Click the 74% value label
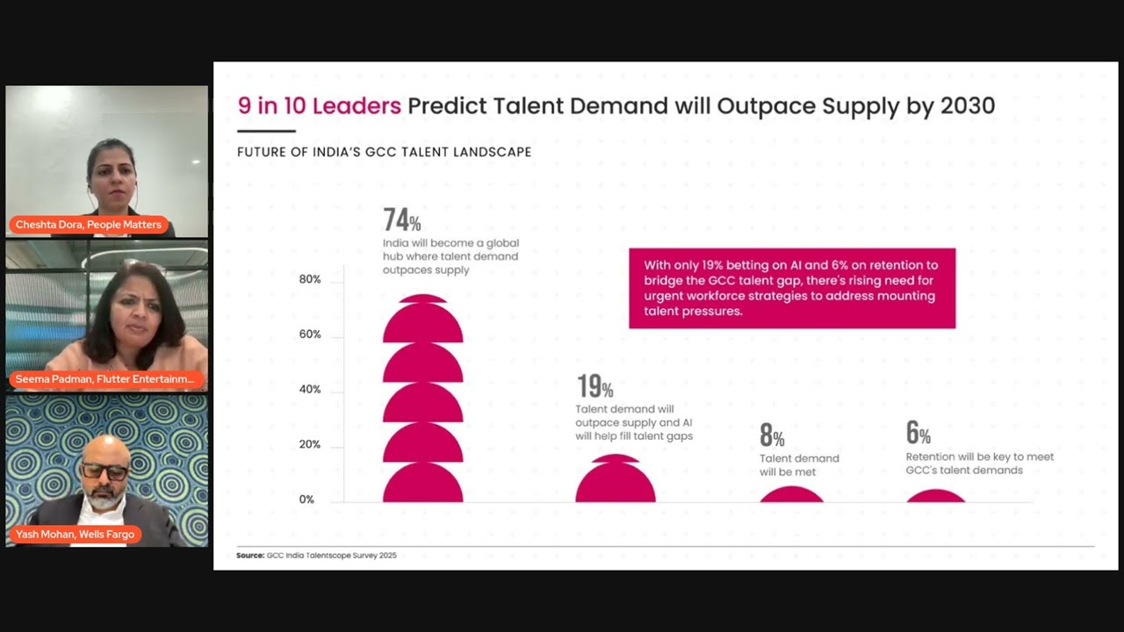click(401, 219)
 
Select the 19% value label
click(594, 386)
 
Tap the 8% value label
click(771, 435)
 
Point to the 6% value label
click(918, 433)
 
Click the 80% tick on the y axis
click(309, 279)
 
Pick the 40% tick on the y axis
click(309, 390)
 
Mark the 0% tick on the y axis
click(306, 499)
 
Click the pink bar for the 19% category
click(615, 483)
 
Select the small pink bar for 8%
click(791, 496)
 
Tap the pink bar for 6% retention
click(935, 497)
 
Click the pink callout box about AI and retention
click(791, 288)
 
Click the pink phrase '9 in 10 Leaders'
click(319, 106)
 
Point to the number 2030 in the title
click(967, 106)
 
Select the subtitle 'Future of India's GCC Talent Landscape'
click(384, 152)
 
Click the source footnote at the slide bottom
click(316, 556)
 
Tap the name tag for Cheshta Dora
click(88, 225)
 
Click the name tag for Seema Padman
click(104, 379)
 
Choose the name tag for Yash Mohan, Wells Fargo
click(75, 534)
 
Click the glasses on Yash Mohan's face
click(104, 472)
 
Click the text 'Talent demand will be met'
click(798, 465)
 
